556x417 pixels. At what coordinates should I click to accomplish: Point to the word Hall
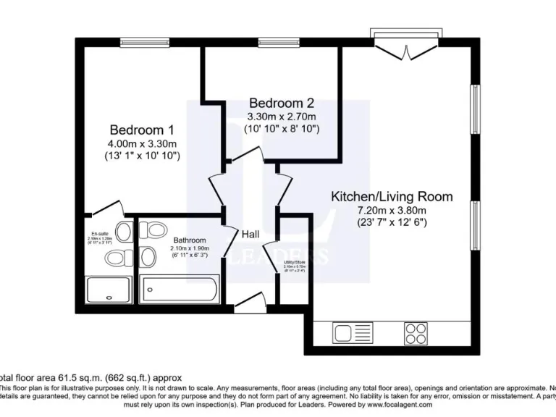pos(250,234)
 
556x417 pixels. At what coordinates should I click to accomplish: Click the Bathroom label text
pos(189,240)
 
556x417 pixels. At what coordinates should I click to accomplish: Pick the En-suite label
pos(99,233)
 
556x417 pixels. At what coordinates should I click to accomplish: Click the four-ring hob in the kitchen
pos(416,333)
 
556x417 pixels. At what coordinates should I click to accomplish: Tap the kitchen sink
pos(353,334)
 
